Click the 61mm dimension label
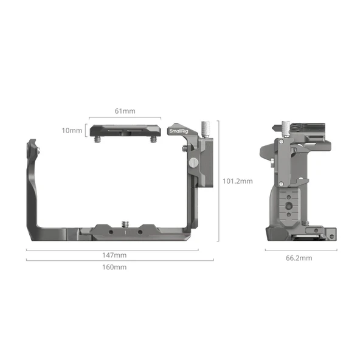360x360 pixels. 125,111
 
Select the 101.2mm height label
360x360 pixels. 238,181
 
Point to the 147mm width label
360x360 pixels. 114,255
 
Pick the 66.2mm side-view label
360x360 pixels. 299,258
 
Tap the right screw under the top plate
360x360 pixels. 153,140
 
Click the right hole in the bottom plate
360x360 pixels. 137,232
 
